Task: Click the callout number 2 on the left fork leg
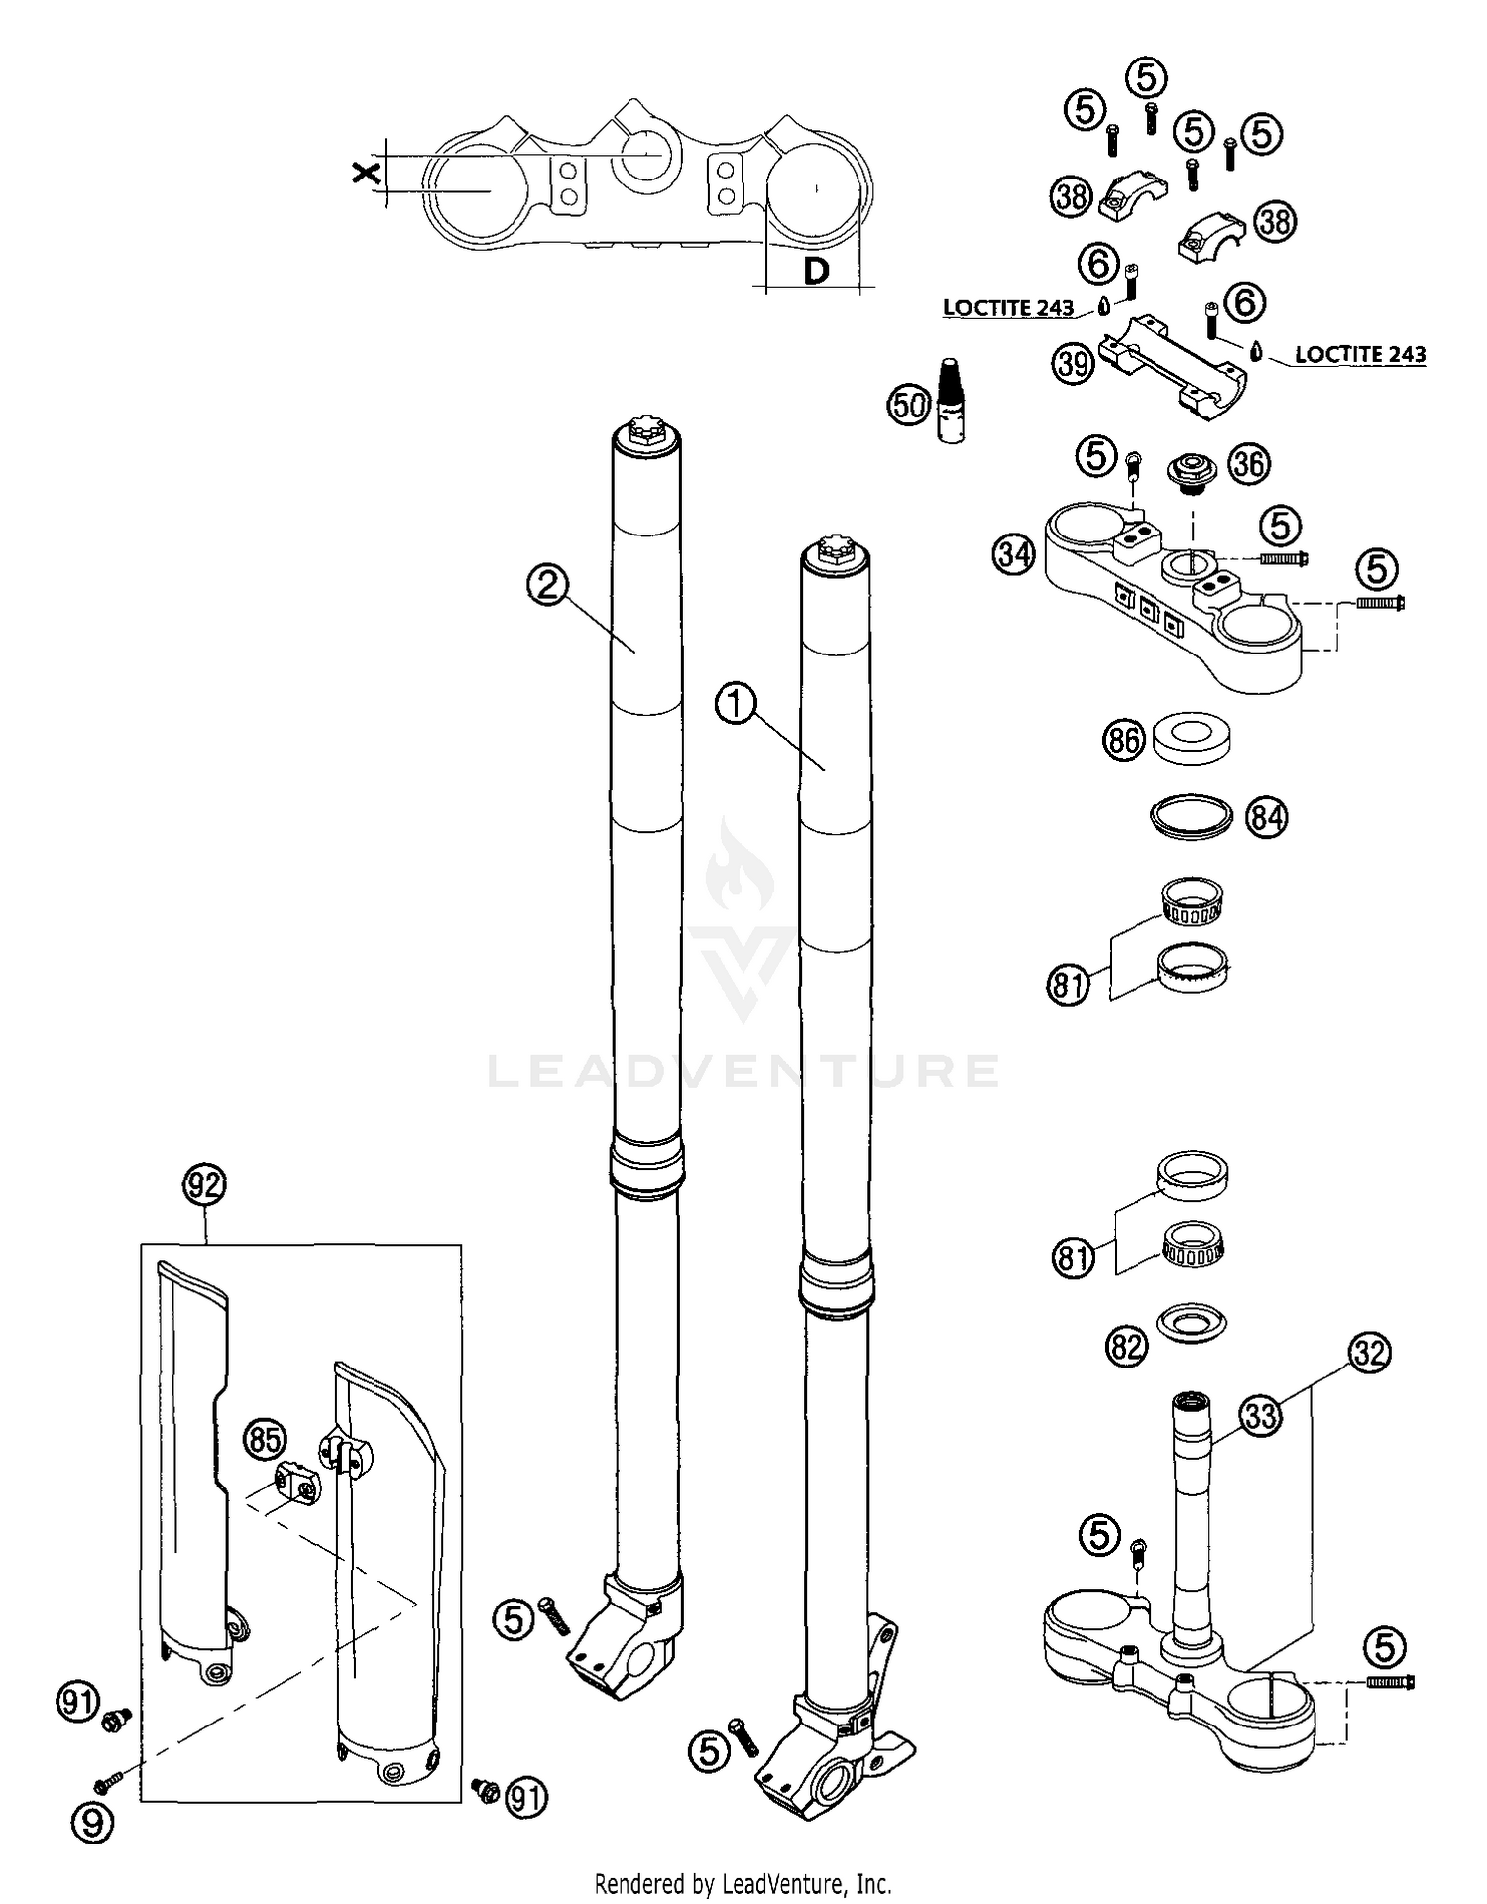(x=547, y=586)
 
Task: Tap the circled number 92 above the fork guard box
(x=204, y=1184)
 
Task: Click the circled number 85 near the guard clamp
(x=264, y=1439)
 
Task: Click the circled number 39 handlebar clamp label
(x=1073, y=364)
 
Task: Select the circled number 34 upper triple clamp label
(x=1013, y=555)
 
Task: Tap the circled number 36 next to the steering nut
(x=1249, y=463)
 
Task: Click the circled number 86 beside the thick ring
(x=1124, y=742)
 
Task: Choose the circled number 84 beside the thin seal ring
(x=1267, y=819)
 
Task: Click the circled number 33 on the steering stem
(x=1260, y=1416)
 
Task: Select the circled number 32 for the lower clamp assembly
(x=1370, y=1353)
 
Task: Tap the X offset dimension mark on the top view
(x=365, y=175)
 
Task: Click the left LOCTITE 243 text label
(x=1007, y=308)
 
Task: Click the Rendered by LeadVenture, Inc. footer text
(x=743, y=1883)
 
